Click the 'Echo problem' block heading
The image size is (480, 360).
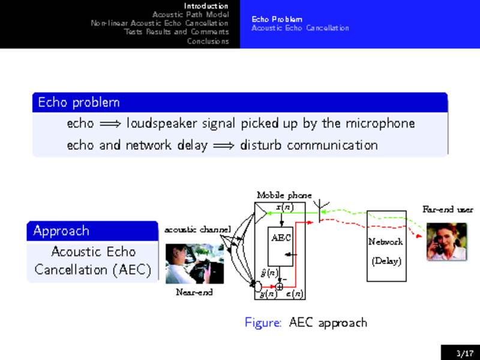79,103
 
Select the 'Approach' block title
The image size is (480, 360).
61,231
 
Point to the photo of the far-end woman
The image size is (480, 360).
446,241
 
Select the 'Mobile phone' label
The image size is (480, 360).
284,195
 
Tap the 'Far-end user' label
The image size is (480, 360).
448,210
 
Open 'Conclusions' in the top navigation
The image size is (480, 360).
208,41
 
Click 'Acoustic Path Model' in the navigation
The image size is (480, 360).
190,14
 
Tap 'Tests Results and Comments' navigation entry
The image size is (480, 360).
176,32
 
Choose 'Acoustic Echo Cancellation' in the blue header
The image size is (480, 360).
300,28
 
